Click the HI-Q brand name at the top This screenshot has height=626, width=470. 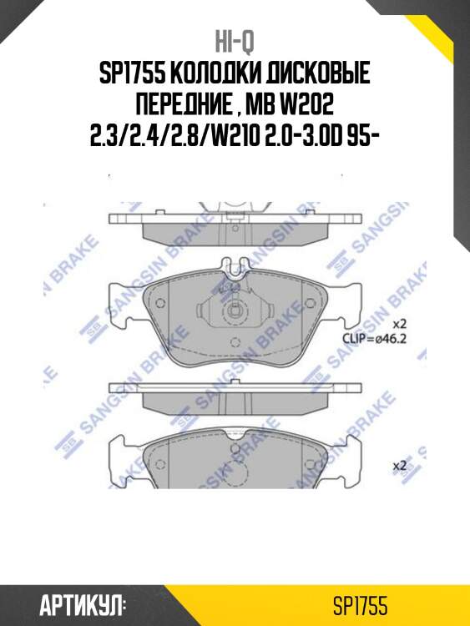[235, 40]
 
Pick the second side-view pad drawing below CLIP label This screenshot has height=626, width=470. [235, 397]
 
